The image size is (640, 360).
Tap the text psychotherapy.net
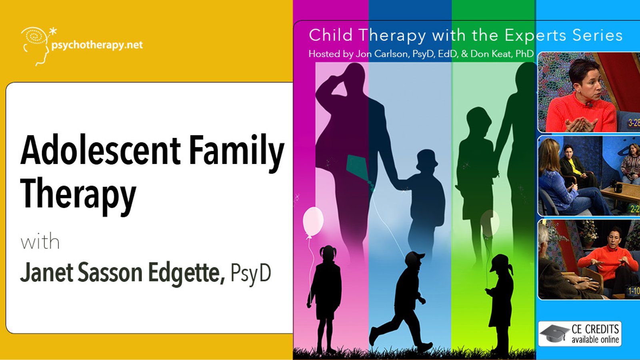pos(97,45)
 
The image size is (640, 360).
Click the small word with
pos(40,242)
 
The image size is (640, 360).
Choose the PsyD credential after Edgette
pos(250,274)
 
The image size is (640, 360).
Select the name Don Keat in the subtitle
pos(490,54)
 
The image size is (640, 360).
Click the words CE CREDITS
pos(595,329)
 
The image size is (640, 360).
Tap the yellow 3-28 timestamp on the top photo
pos(634,123)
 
